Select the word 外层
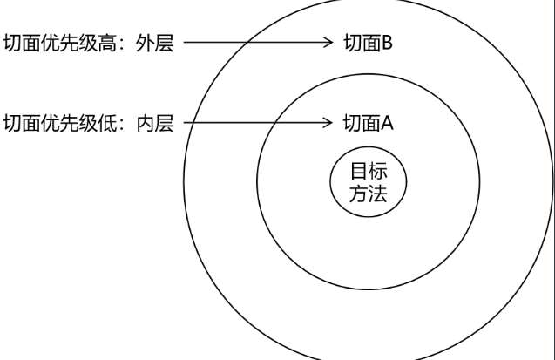[156, 44]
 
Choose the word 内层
[156, 123]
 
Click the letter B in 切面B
[387, 44]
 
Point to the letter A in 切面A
[387, 123]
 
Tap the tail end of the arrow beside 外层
[186, 41]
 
